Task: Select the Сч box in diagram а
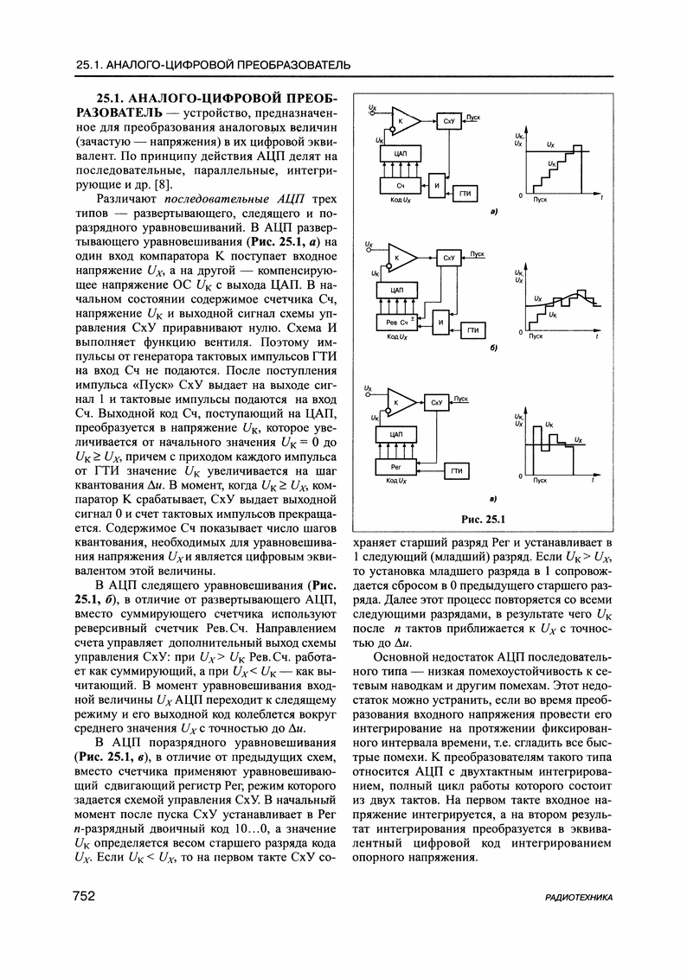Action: (400, 187)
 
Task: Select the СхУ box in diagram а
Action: (448, 123)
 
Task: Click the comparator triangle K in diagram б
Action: (403, 257)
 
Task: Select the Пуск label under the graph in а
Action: (541, 200)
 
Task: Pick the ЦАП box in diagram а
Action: (400, 153)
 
